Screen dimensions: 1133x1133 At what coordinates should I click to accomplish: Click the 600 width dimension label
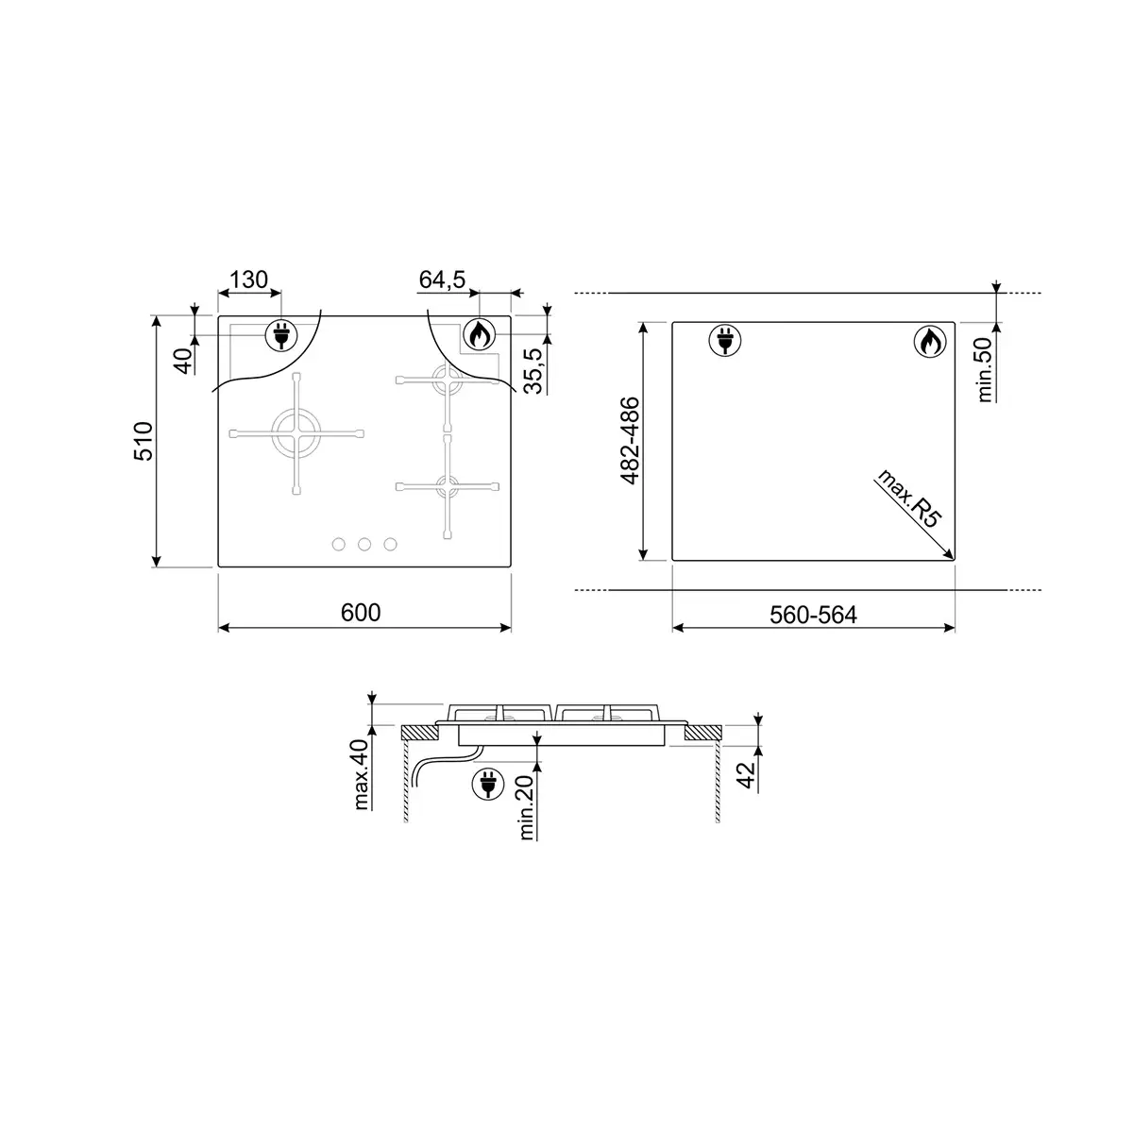click(x=361, y=613)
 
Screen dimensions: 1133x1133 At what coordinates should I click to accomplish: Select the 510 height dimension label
click(x=144, y=441)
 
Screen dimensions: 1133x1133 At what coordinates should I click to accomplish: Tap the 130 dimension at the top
click(x=248, y=279)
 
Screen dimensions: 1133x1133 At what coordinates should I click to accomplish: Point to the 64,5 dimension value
click(x=442, y=279)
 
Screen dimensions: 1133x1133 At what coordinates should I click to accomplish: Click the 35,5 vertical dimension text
click(x=533, y=370)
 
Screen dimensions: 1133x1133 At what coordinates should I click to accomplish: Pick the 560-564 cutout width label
click(x=813, y=615)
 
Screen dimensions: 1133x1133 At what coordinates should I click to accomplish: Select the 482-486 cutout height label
click(x=630, y=441)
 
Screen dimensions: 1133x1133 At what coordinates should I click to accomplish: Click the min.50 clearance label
click(x=985, y=369)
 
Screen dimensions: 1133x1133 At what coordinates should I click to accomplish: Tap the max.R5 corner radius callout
click(x=909, y=499)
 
